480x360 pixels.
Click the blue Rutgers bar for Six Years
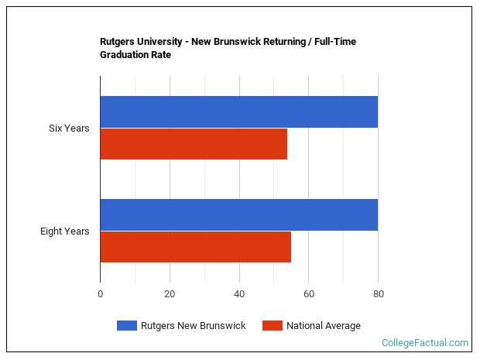(238, 111)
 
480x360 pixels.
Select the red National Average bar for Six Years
(194, 144)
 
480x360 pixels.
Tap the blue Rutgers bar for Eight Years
(238, 214)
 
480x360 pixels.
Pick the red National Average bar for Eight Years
(195, 247)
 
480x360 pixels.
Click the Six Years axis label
(69, 128)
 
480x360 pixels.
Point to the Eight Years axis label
(65, 231)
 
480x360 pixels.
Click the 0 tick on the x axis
(100, 293)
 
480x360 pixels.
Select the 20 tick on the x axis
(170, 293)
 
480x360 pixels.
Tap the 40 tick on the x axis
(239, 293)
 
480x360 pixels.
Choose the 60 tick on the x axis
(308, 293)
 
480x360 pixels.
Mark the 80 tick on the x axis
(378, 293)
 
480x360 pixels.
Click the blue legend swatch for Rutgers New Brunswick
(126, 326)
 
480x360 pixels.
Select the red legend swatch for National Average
(272, 326)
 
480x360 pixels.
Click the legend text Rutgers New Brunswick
(193, 326)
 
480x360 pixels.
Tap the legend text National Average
(323, 326)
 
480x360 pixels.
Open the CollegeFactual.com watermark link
(424, 342)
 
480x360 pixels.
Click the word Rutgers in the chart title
(118, 42)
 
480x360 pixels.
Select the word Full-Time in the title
(333, 42)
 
